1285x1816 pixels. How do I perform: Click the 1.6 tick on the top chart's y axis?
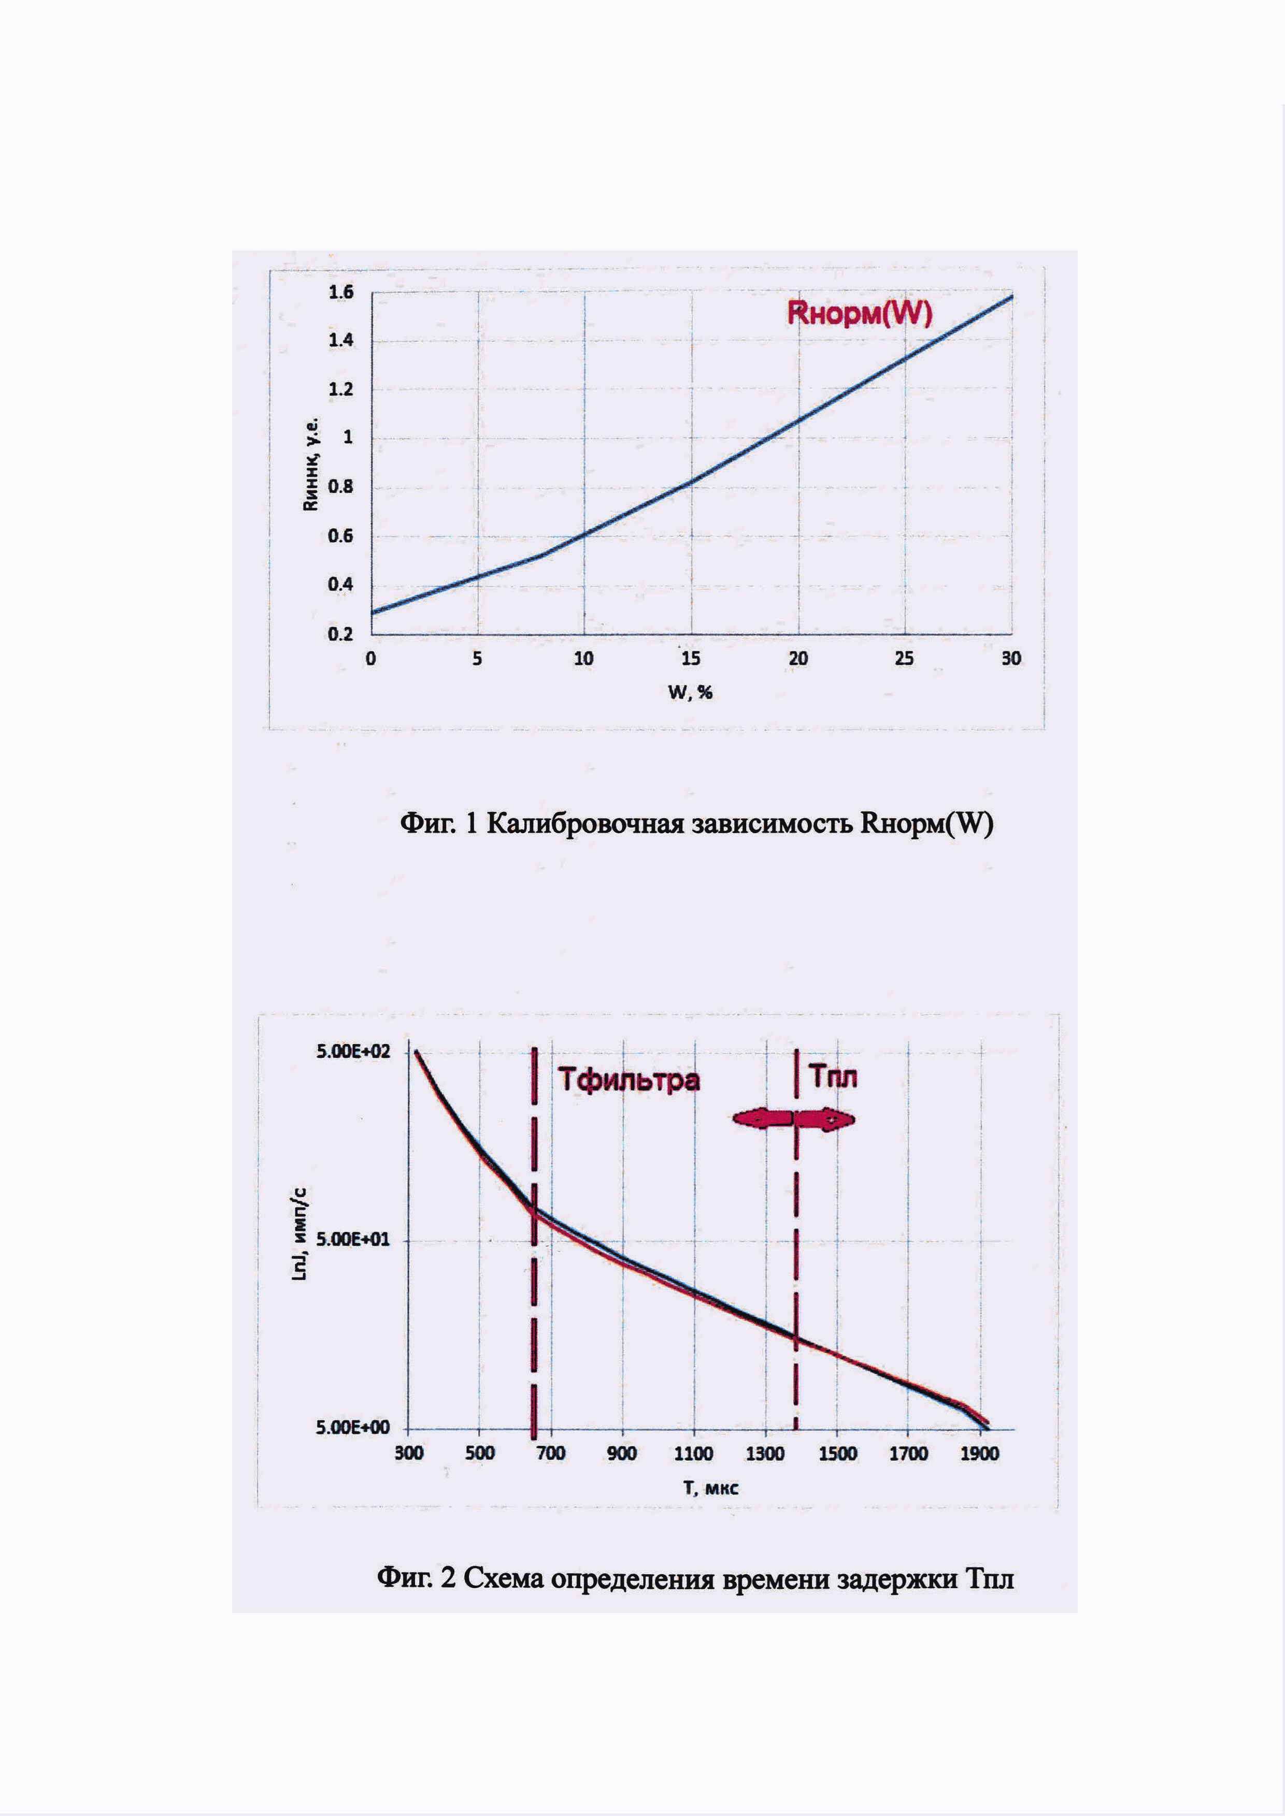(341, 293)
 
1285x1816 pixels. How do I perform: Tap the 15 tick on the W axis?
(691, 659)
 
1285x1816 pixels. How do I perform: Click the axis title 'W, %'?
(691, 693)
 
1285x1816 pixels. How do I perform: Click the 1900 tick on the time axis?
(980, 1453)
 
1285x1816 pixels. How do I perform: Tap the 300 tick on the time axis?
(409, 1453)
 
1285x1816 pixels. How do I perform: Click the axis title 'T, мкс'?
(710, 1488)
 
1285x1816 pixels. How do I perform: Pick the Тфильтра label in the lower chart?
(629, 1080)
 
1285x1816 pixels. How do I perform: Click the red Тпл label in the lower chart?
(833, 1077)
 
